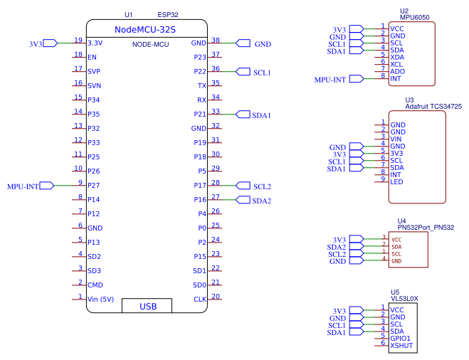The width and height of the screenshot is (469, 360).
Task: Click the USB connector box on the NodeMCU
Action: (148, 306)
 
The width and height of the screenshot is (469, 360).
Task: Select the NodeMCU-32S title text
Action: (145, 29)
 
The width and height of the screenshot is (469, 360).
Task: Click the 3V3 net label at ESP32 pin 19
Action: (36, 43)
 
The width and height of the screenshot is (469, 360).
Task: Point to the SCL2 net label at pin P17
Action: (262, 186)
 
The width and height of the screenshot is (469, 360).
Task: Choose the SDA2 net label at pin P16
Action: (262, 201)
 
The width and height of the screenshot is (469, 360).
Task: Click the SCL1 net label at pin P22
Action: (262, 73)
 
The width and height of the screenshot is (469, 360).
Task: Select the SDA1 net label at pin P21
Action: (262, 115)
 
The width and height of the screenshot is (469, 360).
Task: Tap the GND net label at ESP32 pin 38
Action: (263, 43)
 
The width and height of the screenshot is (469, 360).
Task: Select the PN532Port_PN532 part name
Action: (426, 227)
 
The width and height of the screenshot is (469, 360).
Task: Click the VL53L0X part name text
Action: (404, 299)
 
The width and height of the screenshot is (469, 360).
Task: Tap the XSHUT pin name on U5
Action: (402, 345)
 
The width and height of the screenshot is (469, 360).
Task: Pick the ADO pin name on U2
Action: (397, 70)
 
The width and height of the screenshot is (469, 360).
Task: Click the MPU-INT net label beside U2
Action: (330, 80)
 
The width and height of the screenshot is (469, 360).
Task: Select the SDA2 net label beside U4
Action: (337, 247)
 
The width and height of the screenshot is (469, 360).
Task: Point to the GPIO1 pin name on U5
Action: (401, 337)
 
